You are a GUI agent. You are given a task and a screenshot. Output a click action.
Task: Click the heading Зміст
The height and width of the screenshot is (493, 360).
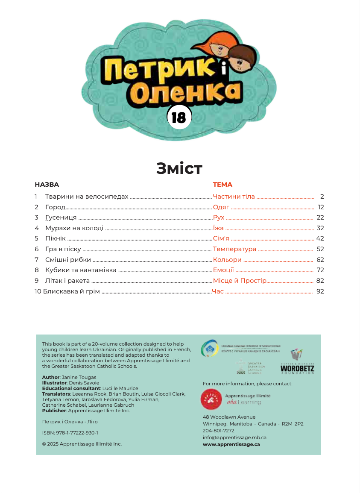click(179, 168)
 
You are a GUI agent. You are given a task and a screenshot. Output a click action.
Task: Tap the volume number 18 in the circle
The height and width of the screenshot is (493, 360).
click(179, 117)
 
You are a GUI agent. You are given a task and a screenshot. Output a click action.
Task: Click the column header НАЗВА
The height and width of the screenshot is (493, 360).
click(47, 185)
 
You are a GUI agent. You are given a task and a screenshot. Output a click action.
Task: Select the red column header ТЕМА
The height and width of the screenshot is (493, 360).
click(222, 185)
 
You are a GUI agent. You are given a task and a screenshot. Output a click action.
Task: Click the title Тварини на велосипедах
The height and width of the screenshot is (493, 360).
click(87, 197)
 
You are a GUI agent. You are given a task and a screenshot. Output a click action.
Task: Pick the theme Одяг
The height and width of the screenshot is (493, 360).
click(221, 207)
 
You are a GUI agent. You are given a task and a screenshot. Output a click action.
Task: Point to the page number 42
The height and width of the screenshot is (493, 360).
click(320, 238)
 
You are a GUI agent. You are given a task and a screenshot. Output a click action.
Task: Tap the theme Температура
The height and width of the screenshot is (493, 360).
click(234, 249)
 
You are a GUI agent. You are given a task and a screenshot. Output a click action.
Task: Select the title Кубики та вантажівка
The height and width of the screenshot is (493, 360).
click(81, 270)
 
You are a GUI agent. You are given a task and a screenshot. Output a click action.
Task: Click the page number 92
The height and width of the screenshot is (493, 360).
click(320, 291)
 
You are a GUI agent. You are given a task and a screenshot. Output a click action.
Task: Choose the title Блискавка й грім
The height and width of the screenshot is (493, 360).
click(71, 291)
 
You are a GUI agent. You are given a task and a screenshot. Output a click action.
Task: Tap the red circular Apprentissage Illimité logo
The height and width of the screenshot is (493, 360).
click(211, 399)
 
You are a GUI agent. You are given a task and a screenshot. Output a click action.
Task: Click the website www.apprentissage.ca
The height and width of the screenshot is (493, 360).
click(231, 444)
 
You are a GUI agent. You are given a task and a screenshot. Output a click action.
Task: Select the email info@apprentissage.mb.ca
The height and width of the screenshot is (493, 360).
click(234, 437)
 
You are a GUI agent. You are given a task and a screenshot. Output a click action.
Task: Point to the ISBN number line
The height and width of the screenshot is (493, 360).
click(70, 433)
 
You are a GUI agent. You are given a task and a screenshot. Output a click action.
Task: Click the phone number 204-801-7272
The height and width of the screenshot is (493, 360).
click(218, 431)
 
